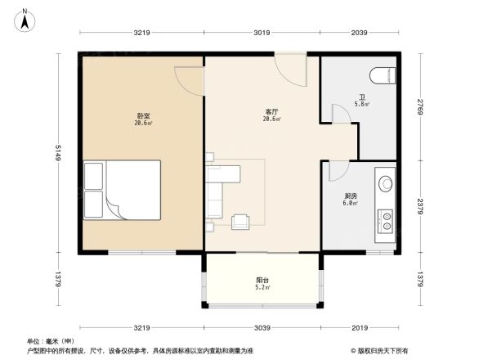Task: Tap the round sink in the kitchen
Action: (x=383, y=181)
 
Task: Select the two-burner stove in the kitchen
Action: (x=383, y=218)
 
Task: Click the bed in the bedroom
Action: (x=122, y=190)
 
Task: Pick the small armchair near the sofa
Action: (x=241, y=221)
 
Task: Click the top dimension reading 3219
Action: (x=142, y=33)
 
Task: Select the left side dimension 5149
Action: (x=60, y=154)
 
